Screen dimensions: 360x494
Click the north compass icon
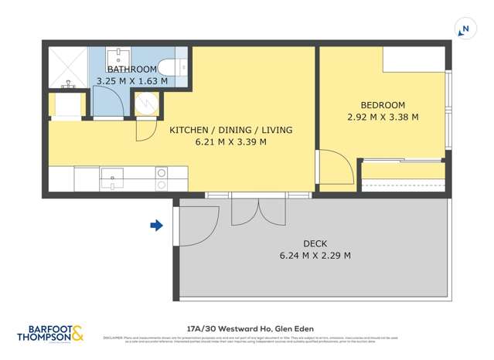click(x=465, y=30)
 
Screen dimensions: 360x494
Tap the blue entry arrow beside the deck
click(x=156, y=226)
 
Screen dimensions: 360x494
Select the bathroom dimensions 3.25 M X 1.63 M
click(x=131, y=80)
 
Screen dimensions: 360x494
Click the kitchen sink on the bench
click(x=112, y=178)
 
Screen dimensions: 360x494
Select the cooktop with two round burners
click(x=162, y=179)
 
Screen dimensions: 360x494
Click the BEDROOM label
click(x=383, y=105)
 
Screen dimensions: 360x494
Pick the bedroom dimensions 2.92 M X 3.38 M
click(x=383, y=117)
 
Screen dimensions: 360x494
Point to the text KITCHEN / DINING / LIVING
click(x=230, y=130)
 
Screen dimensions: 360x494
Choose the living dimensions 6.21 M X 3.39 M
click(x=230, y=142)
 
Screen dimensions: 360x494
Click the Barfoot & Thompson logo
click(x=50, y=333)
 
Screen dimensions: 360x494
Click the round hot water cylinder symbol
click(x=146, y=104)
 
